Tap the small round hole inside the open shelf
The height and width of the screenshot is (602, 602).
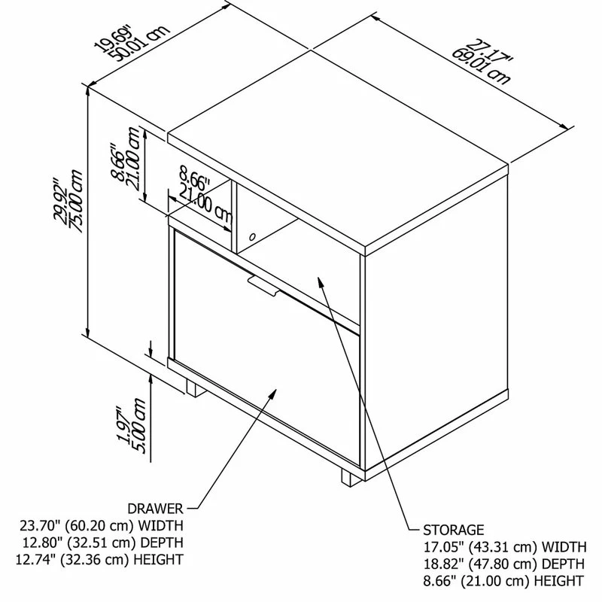coord(252,236)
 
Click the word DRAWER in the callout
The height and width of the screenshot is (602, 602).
coord(155,509)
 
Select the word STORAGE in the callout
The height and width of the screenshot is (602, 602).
coord(454,530)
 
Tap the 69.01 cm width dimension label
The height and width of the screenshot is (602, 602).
coord(481,66)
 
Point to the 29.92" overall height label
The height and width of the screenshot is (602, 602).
coord(61,200)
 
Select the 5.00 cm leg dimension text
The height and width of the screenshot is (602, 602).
coord(138,426)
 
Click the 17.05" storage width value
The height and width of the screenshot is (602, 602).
coord(442,546)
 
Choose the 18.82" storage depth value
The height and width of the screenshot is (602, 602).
coord(442,564)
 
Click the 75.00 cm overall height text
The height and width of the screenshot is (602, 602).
coord(76,201)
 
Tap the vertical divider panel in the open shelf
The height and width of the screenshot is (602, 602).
coord(234,217)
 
